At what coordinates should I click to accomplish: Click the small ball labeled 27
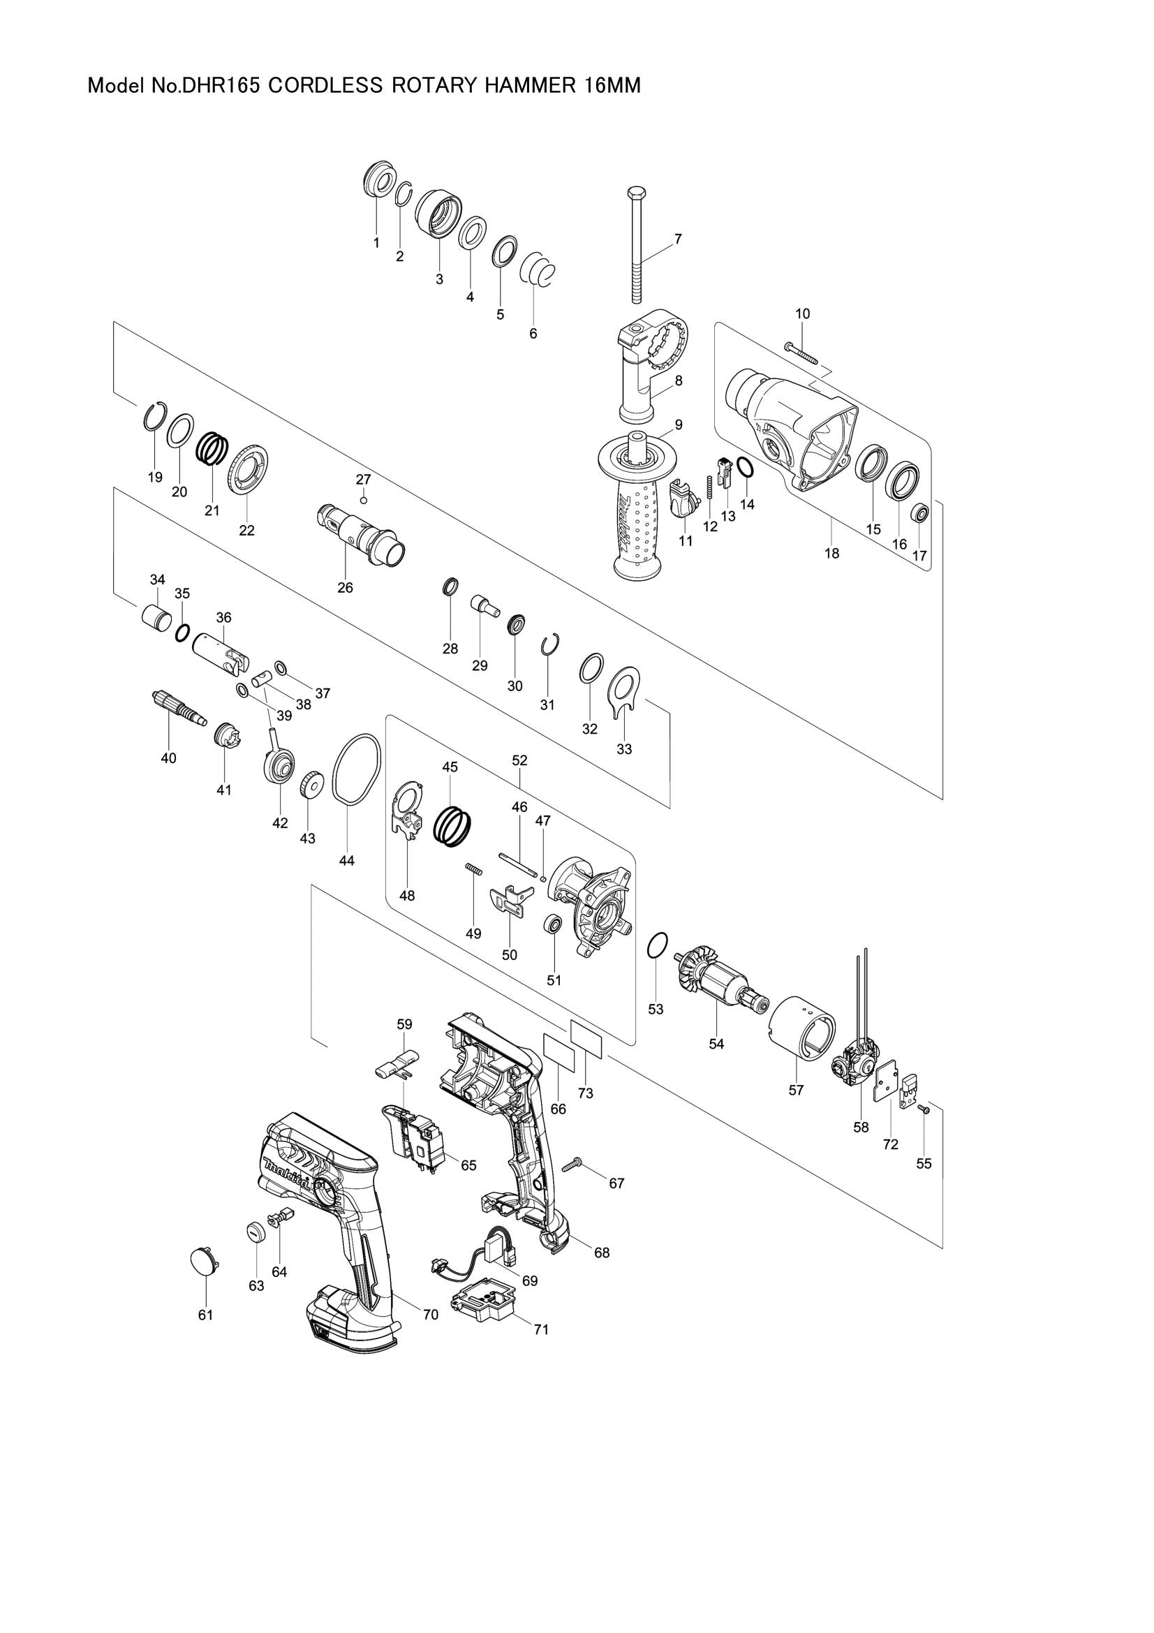[363, 500]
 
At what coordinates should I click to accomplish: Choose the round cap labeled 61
[205, 1261]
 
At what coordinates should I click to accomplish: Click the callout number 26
[345, 587]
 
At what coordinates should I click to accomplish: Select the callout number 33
[623, 749]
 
